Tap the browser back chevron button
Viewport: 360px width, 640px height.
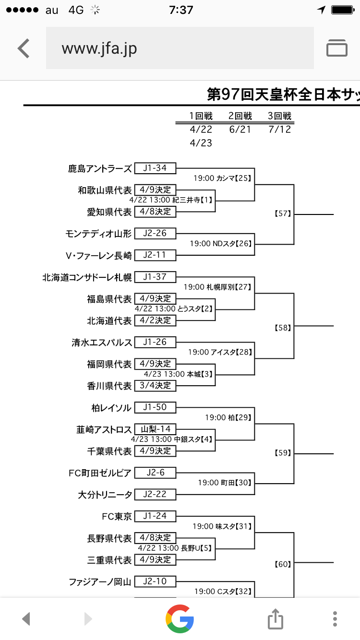[x=24, y=48]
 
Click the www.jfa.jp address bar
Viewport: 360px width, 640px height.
[x=180, y=48]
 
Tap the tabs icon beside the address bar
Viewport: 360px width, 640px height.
[x=336, y=48]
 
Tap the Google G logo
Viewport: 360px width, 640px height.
[x=180, y=618]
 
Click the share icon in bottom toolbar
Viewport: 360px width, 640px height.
[x=276, y=618]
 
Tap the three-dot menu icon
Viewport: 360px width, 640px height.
[x=335, y=618]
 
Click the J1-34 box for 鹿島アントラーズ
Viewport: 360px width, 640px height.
[x=155, y=168]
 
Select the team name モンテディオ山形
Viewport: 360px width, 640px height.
[x=98, y=234]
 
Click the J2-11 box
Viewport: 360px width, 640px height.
[x=155, y=255]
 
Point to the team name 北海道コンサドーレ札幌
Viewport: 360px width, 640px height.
[x=87, y=277]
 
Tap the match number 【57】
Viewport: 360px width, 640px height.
[x=283, y=214]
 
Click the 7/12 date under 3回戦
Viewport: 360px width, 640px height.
[x=280, y=130]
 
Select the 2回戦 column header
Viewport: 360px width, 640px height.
[x=240, y=116]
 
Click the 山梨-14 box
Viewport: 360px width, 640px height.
[x=155, y=429]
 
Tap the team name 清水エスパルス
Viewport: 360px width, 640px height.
[x=101, y=343]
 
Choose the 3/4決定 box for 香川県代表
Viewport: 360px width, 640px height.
[x=155, y=386]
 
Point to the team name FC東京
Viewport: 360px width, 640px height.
[x=117, y=516]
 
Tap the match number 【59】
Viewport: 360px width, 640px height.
[x=283, y=453]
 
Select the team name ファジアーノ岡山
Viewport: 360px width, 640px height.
[x=100, y=582]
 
